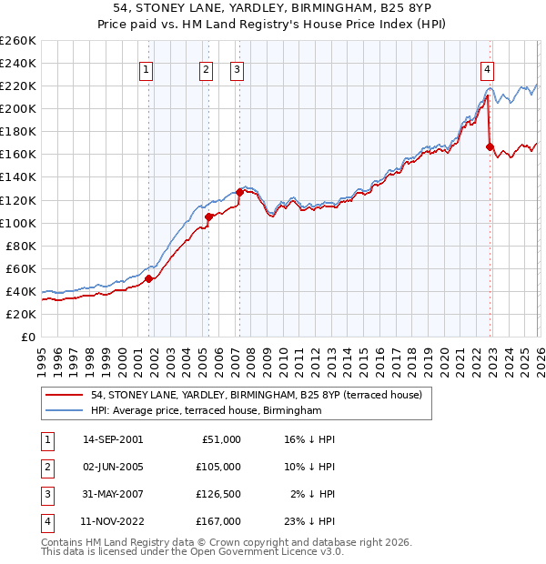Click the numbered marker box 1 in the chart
(147, 68)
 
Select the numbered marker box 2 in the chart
(207, 68)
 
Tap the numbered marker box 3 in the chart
(237, 68)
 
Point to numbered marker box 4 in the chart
(488, 68)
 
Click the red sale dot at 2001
(148, 278)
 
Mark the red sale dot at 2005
(208, 217)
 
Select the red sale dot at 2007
(240, 192)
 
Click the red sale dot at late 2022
(490, 146)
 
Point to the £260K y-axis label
(17, 41)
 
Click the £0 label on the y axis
(27, 337)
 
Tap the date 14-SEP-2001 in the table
(112, 439)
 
